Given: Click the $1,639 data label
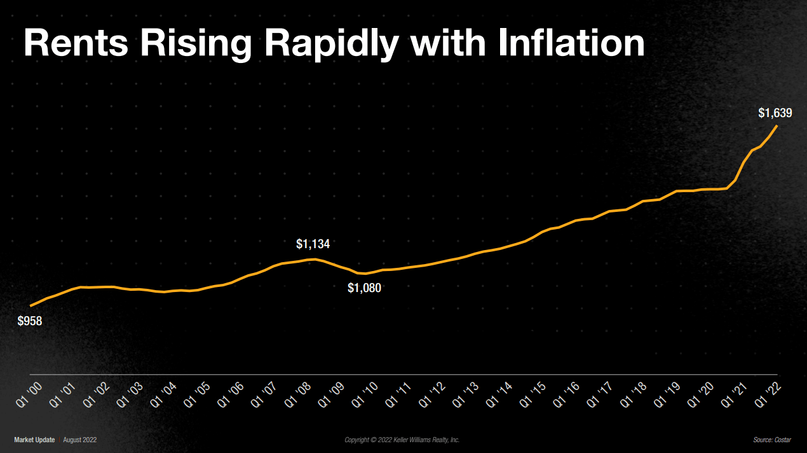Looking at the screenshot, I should click(775, 113).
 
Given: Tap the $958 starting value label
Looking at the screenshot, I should click(30, 321).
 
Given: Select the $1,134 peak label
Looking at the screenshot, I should click(313, 244).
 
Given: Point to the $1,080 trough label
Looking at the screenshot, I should click(364, 288).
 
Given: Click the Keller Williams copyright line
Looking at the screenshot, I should click(402, 440).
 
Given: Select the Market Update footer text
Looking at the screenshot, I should click(34, 440).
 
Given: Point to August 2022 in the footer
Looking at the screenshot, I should click(80, 440).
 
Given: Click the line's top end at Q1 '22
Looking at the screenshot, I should click(777, 126).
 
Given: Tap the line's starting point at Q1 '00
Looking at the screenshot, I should click(31, 306).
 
